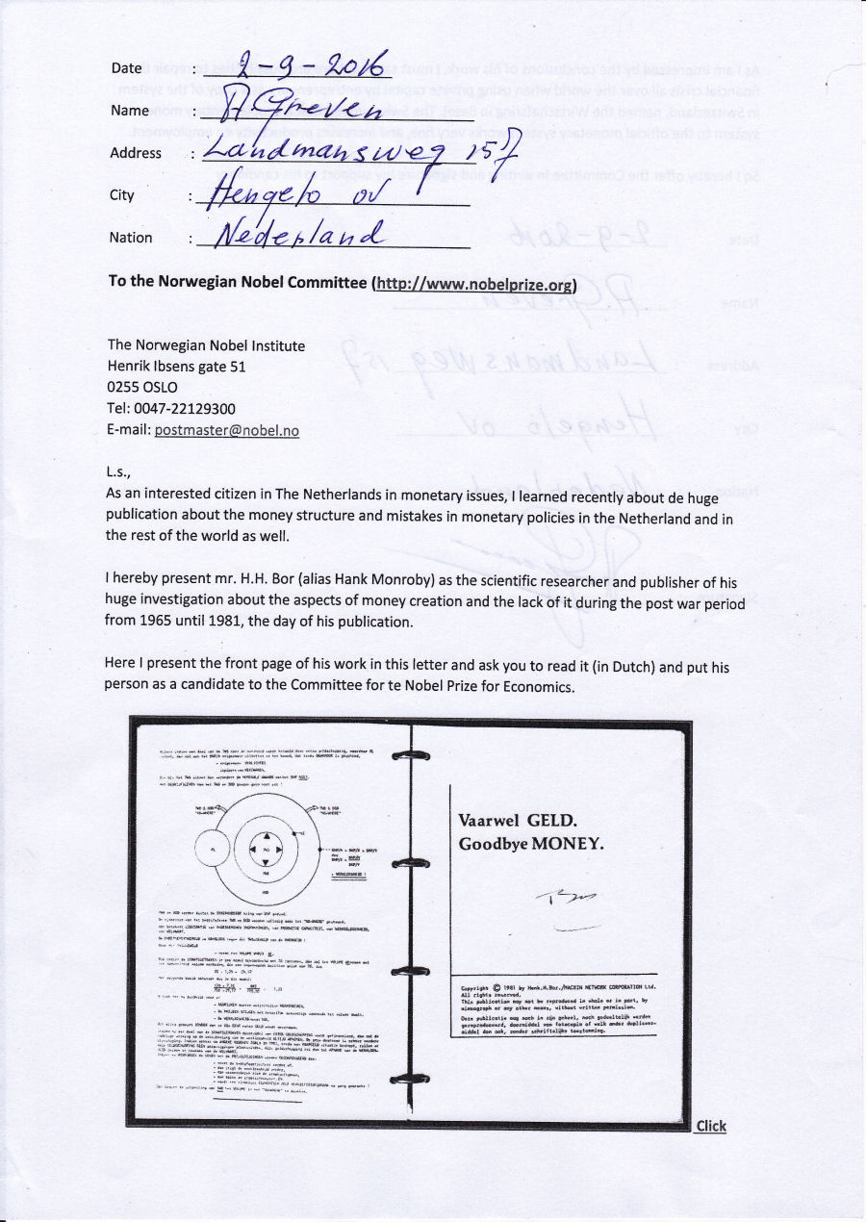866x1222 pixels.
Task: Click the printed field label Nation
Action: pyautogui.click(x=131, y=238)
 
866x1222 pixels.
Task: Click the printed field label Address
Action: pyautogui.click(x=136, y=153)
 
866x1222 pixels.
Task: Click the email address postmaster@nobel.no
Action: pyautogui.click(x=226, y=430)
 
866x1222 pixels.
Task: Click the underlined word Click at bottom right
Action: pyautogui.click(x=711, y=1127)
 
